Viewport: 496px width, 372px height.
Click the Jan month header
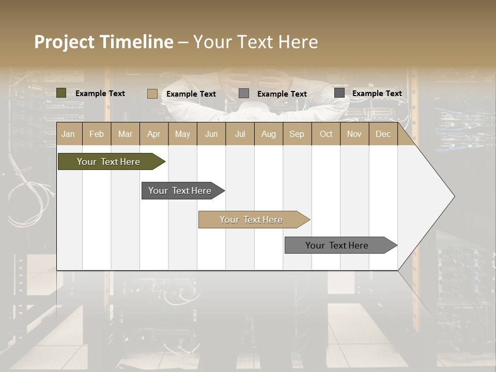(x=68, y=134)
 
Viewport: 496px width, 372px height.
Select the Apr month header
(x=154, y=134)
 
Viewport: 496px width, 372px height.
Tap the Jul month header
(x=240, y=134)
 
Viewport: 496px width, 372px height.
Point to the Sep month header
(x=297, y=134)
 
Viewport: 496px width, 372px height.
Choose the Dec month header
(x=383, y=134)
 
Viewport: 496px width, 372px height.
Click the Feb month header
(x=97, y=134)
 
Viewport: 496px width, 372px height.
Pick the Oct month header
(x=326, y=134)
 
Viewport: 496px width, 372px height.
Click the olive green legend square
(x=61, y=93)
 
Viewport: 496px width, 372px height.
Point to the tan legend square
(x=152, y=94)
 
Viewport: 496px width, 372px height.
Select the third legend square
(x=244, y=94)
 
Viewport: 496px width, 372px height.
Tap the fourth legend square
(x=339, y=93)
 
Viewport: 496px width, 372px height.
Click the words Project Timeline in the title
(x=104, y=42)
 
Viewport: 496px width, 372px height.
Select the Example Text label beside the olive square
(x=100, y=94)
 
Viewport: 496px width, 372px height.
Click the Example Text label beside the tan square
(x=191, y=94)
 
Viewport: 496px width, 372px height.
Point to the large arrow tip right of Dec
(x=434, y=196)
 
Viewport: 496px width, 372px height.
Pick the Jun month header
(x=211, y=134)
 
